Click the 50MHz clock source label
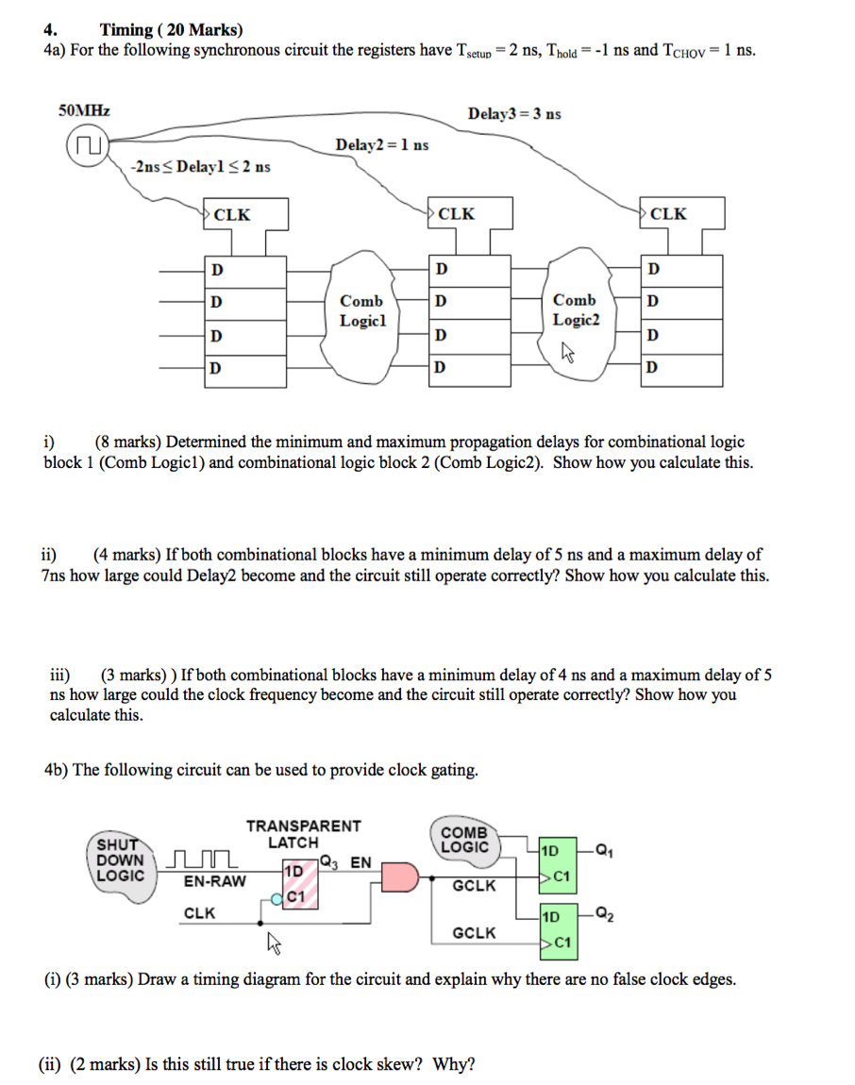[84, 111]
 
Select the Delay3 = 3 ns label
[513, 114]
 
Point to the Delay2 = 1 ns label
[382, 144]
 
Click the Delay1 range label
[200, 167]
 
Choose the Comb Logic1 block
[361, 310]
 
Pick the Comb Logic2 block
[575, 310]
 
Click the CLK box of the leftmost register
[245, 214]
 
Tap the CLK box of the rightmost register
[682, 214]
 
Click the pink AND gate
[397, 876]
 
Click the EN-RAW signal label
[214, 882]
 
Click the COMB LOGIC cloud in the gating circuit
[464, 840]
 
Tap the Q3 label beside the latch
[327, 860]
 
